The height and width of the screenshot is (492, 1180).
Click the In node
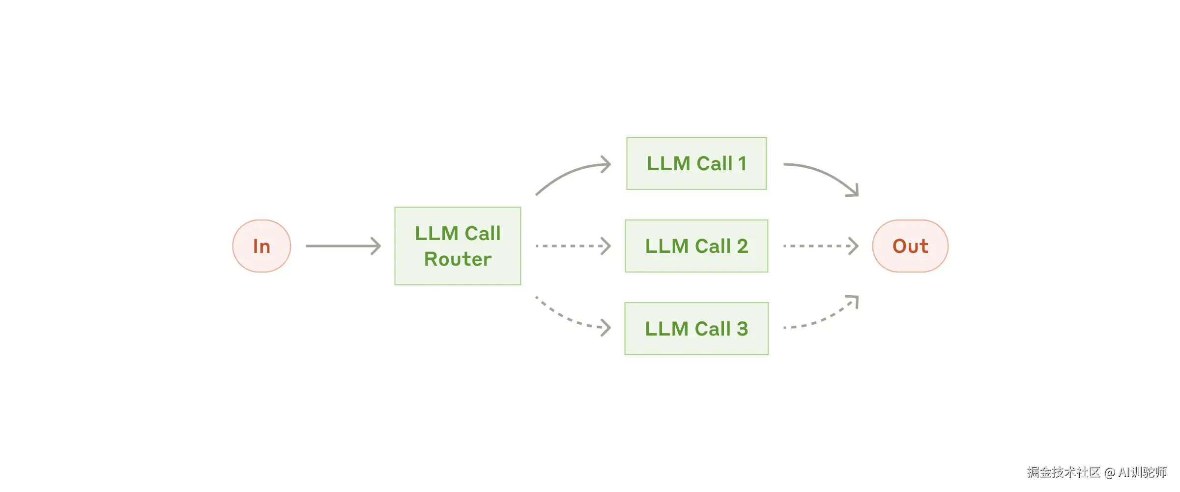pyautogui.click(x=261, y=246)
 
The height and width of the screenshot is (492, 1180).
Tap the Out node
pyautogui.click(x=910, y=246)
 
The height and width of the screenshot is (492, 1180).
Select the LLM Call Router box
pyautogui.click(x=458, y=246)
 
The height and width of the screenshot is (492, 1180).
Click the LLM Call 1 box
pyautogui.click(x=696, y=163)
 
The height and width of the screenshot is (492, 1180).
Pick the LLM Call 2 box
pyautogui.click(x=696, y=246)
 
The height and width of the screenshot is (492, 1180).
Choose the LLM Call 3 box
pyautogui.click(x=696, y=329)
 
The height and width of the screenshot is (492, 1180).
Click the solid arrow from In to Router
pyautogui.click(x=343, y=246)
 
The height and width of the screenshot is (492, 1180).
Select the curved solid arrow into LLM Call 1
pyautogui.click(x=570, y=172)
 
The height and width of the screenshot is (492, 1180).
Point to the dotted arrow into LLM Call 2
pyautogui.click(x=573, y=246)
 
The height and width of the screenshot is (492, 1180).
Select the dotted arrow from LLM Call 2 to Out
pyautogui.click(x=820, y=246)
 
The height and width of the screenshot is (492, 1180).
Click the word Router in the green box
pyautogui.click(x=458, y=259)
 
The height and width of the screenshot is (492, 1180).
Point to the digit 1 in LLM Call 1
pyautogui.click(x=742, y=163)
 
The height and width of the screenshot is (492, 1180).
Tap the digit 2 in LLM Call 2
pyautogui.click(x=742, y=246)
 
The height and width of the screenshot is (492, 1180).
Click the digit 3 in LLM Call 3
pyautogui.click(x=742, y=329)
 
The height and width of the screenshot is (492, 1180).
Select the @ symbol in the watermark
pyautogui.click(x=1110, y=473)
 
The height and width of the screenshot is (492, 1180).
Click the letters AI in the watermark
pyautogui.click(x=1124, y=472)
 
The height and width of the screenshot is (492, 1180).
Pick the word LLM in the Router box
pyautogui.click(x=436, y=233)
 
